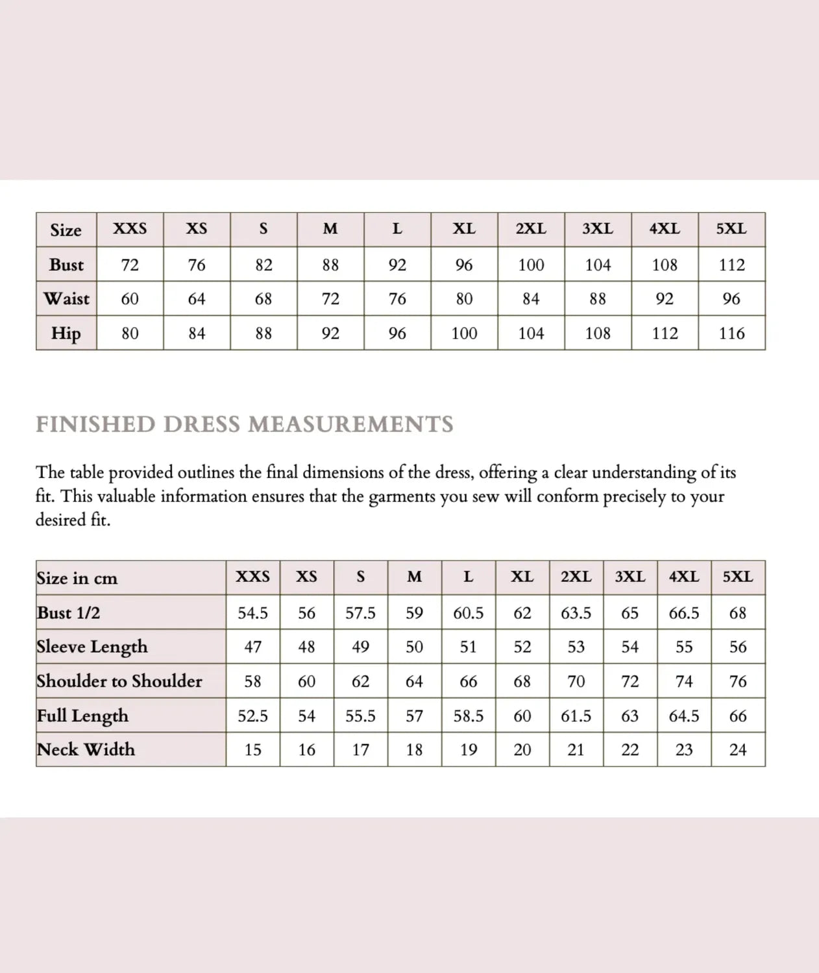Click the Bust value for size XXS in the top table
[x=130, y=265]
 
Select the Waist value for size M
[x=330, y=299]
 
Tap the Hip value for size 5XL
[x=731, y=333]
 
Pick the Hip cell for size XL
[x=464, y=333]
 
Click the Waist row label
[x=66, y=299]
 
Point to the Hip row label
[x=66, y=333]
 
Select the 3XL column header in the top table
[x=597, y=229]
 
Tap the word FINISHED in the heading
[x=95, y=424]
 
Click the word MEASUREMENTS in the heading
[x=350, y=424]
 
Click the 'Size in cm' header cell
[x=77, y=578]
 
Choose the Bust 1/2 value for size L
[x=468, y=613]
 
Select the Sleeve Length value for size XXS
[x=252, y=647]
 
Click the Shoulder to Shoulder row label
[x=119, y=681]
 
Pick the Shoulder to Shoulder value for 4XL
[x=683, y=681]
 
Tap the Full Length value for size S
[x=360, y=716]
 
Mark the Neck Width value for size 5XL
[x=738, y=750]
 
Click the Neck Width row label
[x=86, y=750]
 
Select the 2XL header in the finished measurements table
[x=576, y=577]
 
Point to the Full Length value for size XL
[x=522, y=716]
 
